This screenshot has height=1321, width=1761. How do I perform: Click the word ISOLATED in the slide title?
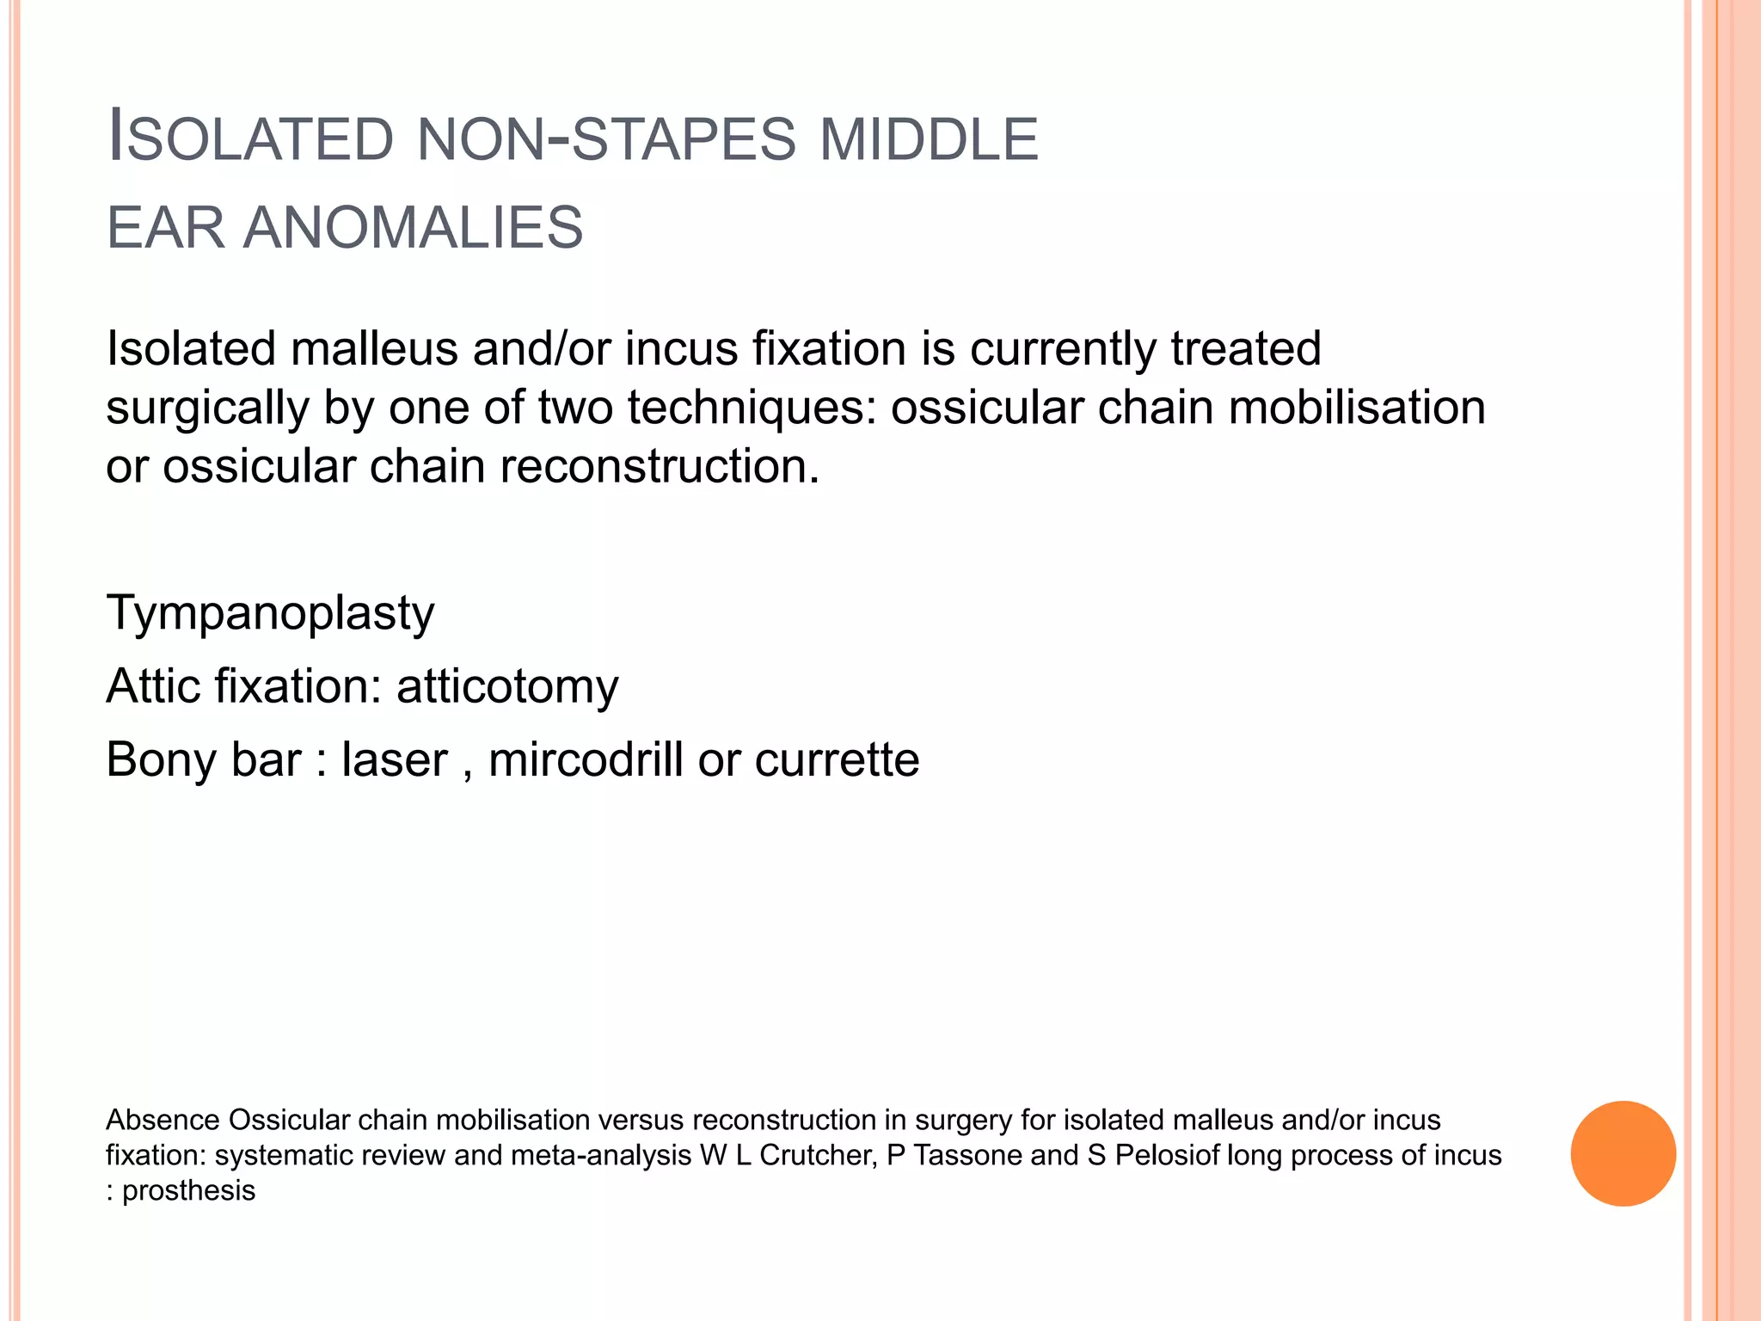[x=250, y=139]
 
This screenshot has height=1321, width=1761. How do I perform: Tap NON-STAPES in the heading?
[x=607, y=139]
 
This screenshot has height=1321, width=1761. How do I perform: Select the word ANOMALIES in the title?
[x=414, y=228]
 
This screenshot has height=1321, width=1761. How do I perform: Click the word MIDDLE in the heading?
[x=930, y=139]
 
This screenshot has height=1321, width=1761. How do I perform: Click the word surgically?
[x=207, y=409]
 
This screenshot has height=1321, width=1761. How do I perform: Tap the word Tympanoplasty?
[x=270, y=614]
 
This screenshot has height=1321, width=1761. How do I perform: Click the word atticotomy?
[x=507, y=686]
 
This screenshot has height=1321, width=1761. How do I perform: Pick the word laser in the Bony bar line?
[x=395, y=759]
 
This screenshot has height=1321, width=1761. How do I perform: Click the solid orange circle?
[x=1623, y=1153]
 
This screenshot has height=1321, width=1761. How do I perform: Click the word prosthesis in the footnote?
[x=189, y=1190]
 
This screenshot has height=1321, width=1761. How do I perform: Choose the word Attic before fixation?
[x=153, y=686]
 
